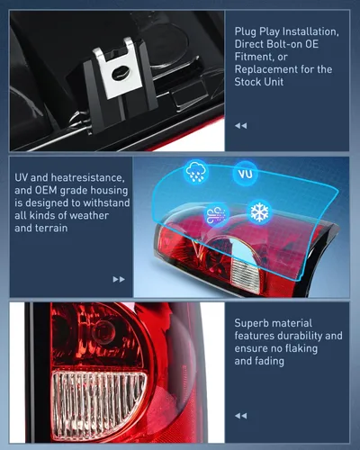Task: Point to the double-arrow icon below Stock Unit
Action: click(240, 125)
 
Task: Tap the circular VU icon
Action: click(244, 174)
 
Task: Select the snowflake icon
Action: click(259, 212)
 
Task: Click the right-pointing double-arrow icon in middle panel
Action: click(119, 279)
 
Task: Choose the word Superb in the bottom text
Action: click(254, 323)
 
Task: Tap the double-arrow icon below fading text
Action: click(240, 415)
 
